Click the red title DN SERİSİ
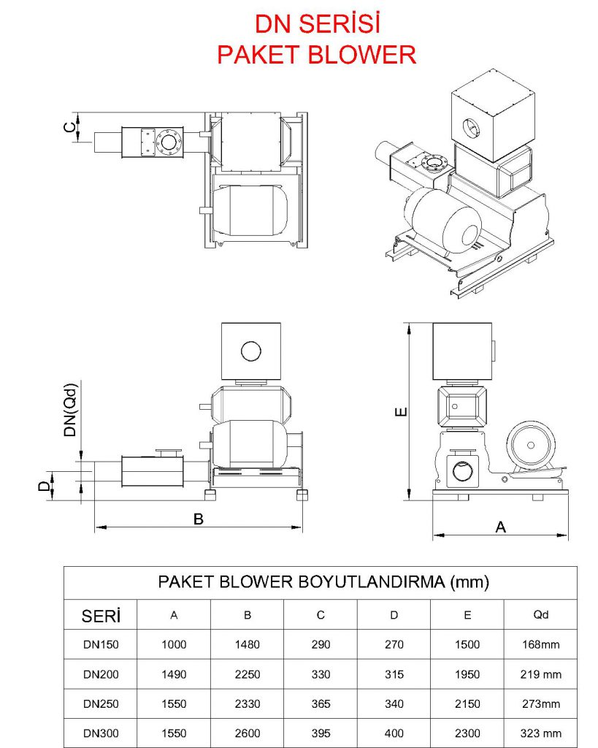318,25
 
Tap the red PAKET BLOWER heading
318,55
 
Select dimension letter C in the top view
69,128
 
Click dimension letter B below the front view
198,519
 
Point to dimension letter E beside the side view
399,413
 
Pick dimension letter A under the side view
500,527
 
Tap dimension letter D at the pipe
45,486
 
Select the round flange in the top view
168,140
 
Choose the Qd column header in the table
540,615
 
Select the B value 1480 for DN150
248,645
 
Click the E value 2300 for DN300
467,733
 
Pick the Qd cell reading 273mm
540,704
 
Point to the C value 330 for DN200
321,674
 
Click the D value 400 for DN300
394,733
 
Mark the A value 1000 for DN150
174,645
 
